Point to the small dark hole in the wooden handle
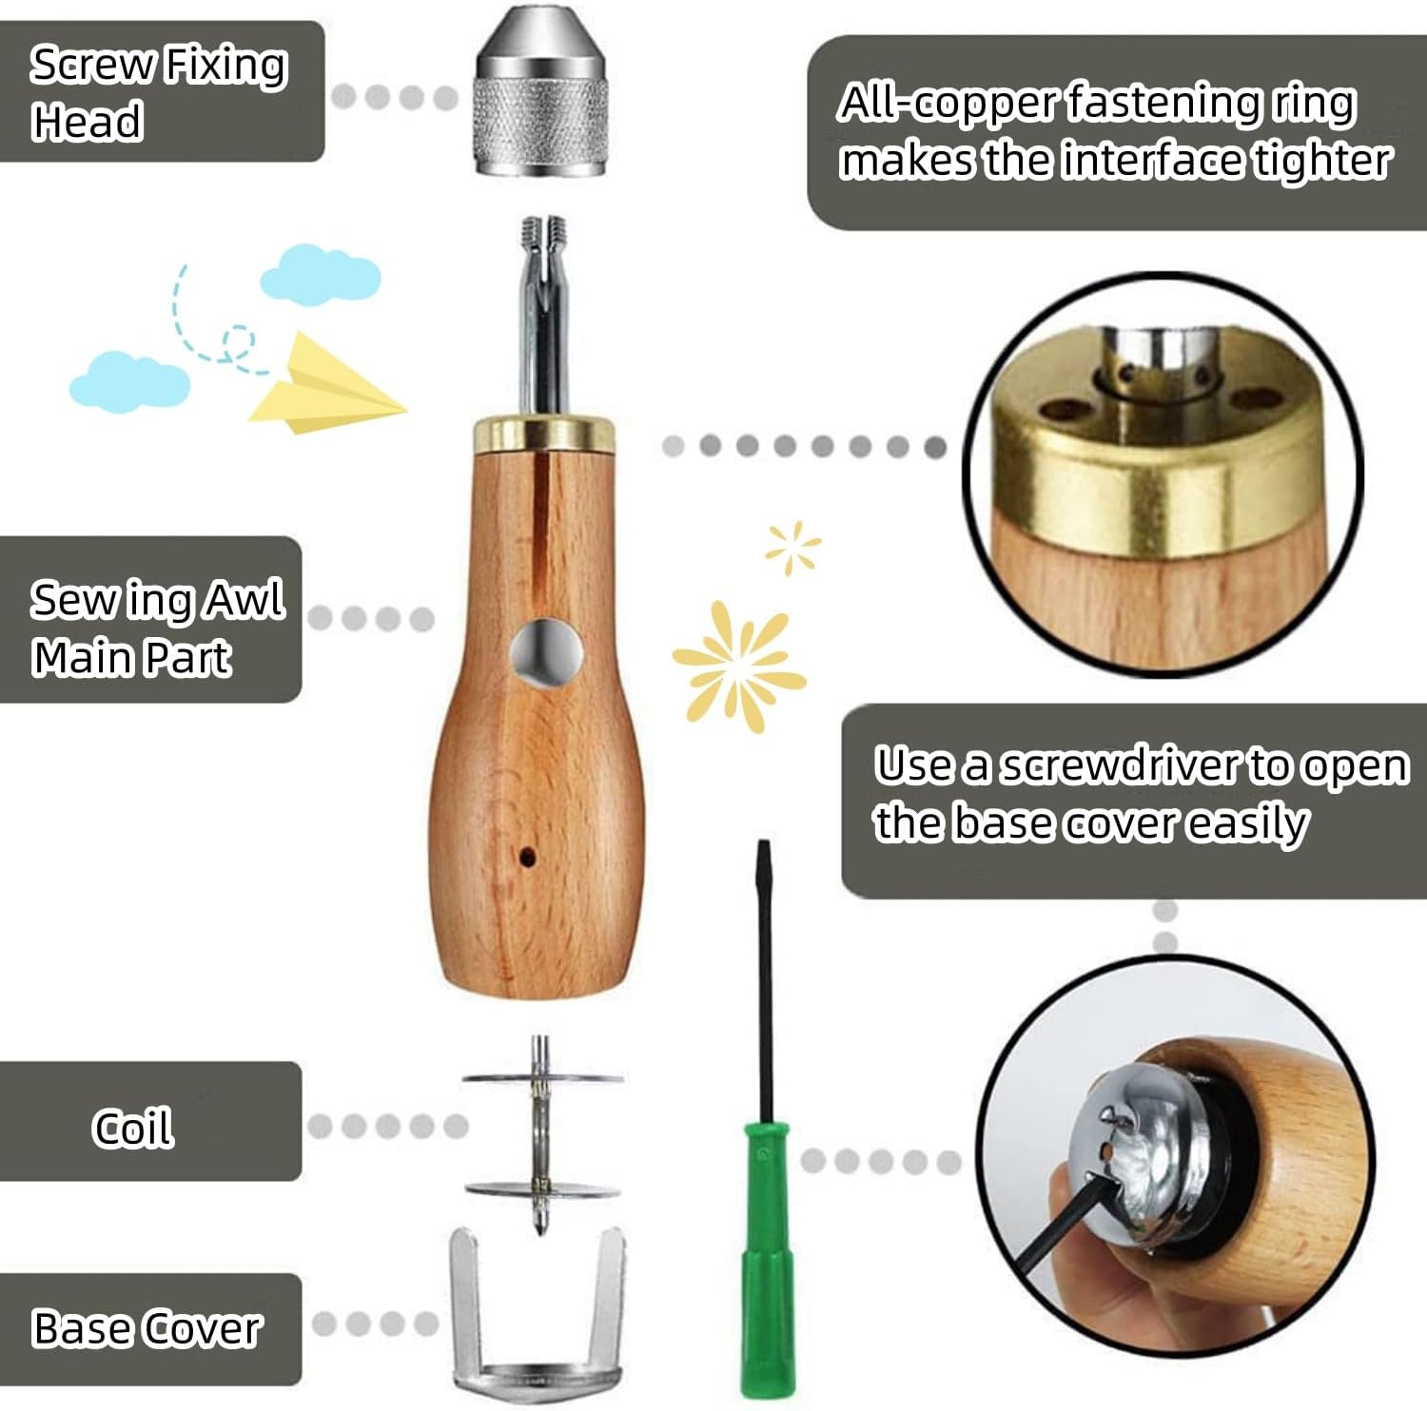coord(526,857)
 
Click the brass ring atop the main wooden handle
coord(543,432)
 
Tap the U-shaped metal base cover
coord(538,1322)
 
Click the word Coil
coord(133,1128)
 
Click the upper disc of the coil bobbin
coord(542,1078)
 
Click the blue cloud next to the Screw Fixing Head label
coord(321,273)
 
